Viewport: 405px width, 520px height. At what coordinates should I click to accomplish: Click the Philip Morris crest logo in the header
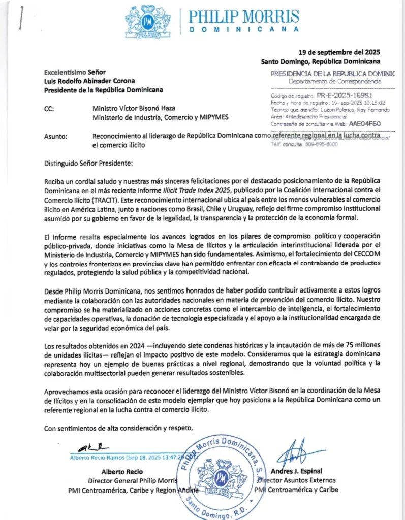tap(148, 21)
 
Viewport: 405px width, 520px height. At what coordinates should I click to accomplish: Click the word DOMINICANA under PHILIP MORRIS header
tap(244, 29)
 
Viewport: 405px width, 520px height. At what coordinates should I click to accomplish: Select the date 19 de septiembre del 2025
tap(339, 52)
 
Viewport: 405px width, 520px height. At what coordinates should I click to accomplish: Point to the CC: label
tap(50, 108)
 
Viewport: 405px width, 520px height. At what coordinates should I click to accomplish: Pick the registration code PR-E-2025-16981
tap(346, 95)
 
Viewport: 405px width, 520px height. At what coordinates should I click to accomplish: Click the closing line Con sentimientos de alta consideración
tap(118, 428)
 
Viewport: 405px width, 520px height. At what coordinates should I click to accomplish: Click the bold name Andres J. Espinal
tap(297, 471)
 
